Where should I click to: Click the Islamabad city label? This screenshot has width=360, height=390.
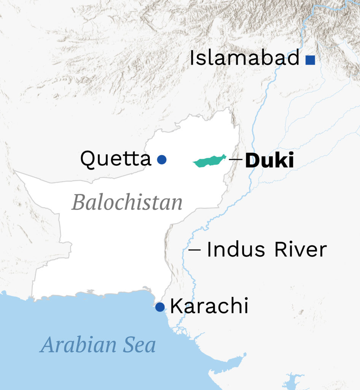point(245,59)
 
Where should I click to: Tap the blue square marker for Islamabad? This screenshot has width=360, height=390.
point(310,60)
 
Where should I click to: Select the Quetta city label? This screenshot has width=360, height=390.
point(116,159)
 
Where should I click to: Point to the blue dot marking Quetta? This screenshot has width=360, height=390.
point(162,159)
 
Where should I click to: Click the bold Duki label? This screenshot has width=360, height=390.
point(269,161)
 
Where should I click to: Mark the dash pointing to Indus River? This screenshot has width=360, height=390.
point(194,250)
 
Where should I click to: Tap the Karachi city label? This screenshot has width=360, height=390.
point(209,306)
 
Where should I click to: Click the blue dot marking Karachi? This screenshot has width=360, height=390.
point(160,307)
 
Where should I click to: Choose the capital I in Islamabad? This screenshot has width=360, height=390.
point(193,59)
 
